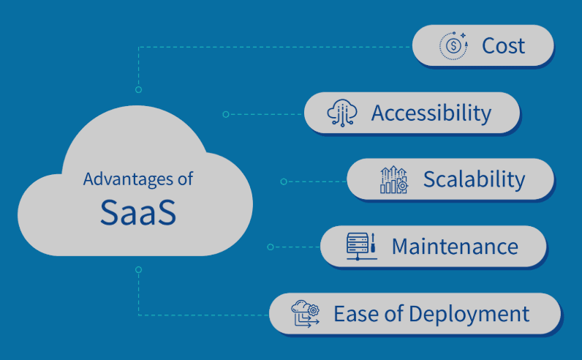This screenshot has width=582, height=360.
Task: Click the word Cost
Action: (503, 46)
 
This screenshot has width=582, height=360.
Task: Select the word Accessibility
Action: (431, 113)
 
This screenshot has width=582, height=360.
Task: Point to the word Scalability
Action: (474, 179)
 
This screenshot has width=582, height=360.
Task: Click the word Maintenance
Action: (455, 247)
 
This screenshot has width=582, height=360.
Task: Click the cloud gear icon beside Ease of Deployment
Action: (305, 314)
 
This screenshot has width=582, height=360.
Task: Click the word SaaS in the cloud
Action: (138, 212)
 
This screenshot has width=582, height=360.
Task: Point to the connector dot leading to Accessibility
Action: (225, 114)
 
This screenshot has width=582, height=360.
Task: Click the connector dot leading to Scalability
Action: (283, 181)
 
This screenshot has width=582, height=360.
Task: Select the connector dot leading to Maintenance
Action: (270, 247)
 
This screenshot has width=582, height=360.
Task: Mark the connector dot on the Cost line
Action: (138, 90)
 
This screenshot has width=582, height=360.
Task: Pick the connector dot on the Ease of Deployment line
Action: (138, 269)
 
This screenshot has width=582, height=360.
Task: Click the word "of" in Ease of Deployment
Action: (391, 314)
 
